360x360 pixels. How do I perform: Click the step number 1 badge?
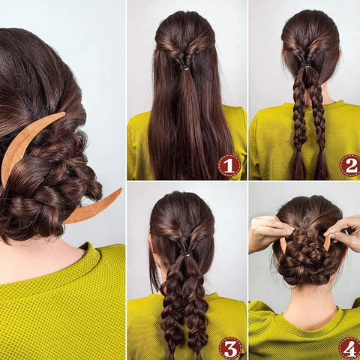[x=229, y=166]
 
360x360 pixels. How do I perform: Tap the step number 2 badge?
[x=350, y=166]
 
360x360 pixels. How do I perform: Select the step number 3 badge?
[x=230, y=348]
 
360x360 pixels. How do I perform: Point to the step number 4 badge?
[x=350, y=348]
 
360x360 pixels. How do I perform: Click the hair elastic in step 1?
[x=185, y=67]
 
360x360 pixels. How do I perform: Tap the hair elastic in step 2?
[x=306, y=65]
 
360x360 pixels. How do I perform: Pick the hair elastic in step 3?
[x=185, y=254]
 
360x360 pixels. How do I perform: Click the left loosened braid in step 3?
[x=171, y=307]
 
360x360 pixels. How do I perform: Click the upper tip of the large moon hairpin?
[x=64, y=113]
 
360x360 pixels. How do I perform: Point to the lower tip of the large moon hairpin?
[x=121, y=190]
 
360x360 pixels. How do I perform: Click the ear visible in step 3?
[x=151, y=246]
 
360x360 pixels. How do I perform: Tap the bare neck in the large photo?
[x=37, y=260]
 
